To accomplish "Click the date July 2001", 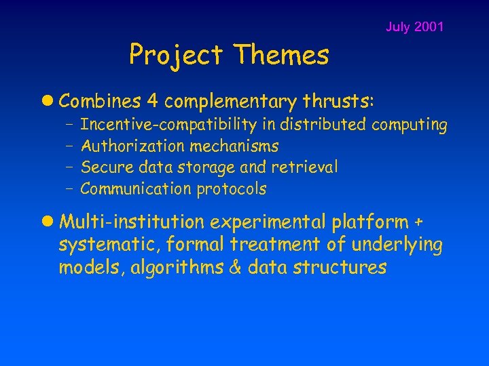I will [414, 27].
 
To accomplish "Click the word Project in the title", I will [175, 55].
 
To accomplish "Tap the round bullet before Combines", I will [50, 102].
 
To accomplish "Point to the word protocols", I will [232, 189].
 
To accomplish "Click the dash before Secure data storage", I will [70, 167].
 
